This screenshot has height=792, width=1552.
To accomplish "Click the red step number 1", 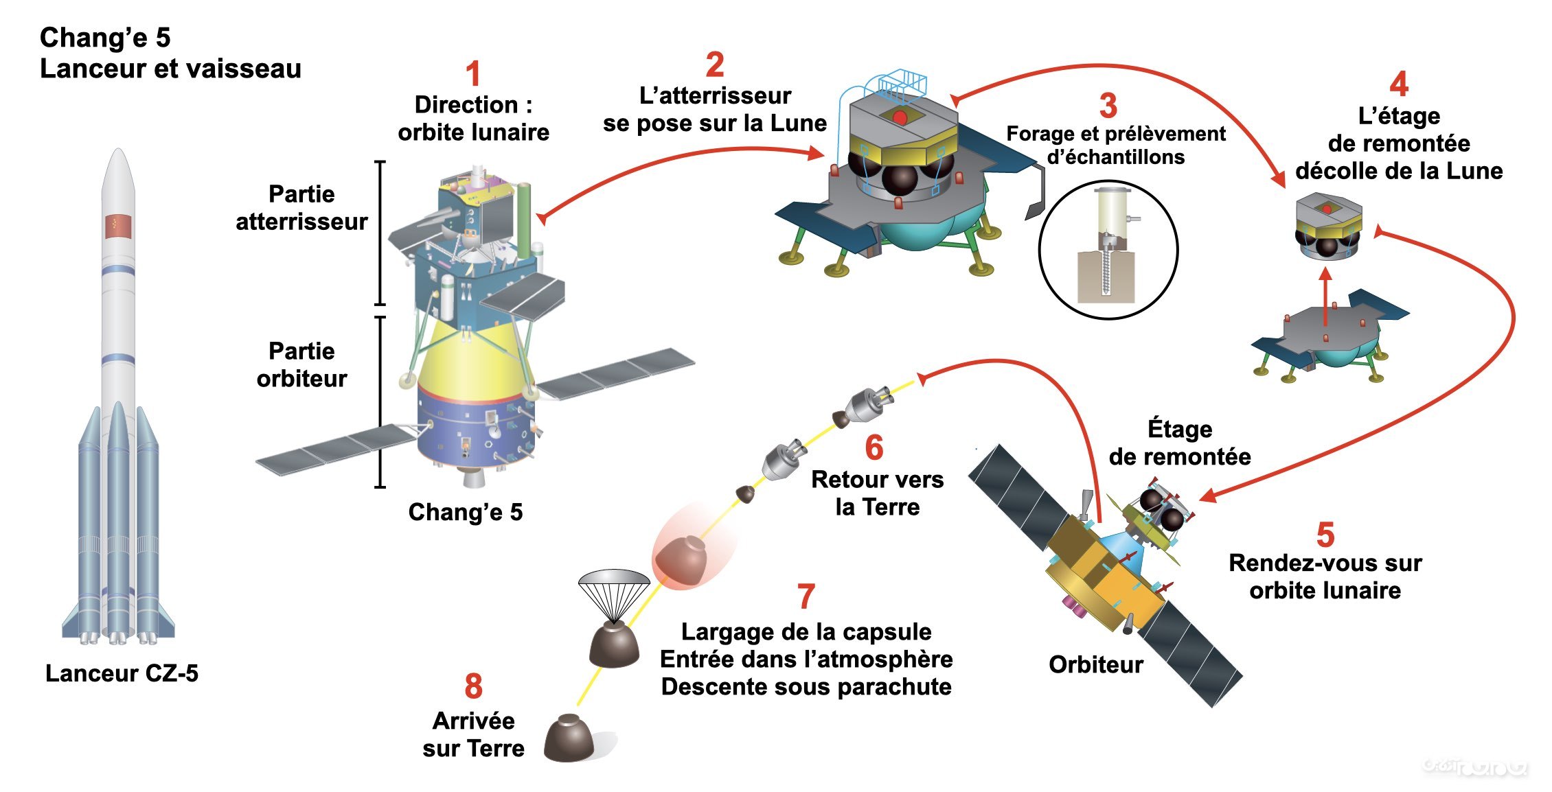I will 472,74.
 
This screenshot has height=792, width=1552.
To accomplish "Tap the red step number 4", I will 1398,84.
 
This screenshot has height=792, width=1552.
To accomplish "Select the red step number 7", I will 806,596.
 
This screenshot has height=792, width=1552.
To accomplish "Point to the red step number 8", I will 473,686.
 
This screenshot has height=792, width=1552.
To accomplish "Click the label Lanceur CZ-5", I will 122,673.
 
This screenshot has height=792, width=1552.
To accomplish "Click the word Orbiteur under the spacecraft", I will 1095,664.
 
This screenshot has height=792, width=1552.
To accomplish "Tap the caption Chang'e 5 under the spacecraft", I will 466,512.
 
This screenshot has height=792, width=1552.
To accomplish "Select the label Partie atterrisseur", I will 301,207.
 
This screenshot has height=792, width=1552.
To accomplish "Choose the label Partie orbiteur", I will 301,364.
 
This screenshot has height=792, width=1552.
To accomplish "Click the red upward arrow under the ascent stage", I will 1325,295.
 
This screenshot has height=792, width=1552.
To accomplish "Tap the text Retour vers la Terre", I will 877,493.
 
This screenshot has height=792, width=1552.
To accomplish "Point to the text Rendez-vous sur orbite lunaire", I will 1325,576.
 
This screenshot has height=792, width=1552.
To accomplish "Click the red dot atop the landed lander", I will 900,118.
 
